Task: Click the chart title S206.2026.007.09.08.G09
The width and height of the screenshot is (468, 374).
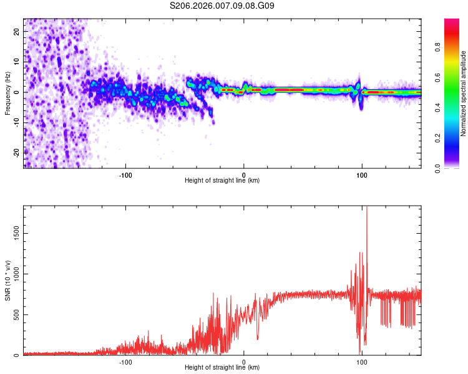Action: click(x=223, y=6)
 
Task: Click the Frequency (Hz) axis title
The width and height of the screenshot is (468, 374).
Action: click(x=7, y=93)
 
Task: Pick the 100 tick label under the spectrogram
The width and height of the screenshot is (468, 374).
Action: click(x=362, y=175)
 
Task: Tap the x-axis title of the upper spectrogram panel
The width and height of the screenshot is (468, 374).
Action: click(x=222, y=181)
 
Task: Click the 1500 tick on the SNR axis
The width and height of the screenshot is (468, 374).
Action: click(x=13, y=233)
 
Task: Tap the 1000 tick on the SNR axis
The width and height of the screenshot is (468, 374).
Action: click(x=13, y=274)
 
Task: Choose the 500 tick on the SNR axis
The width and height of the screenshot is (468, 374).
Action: click(x=15, y=315)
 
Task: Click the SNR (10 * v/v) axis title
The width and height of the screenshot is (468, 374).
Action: click(x=7, y=280)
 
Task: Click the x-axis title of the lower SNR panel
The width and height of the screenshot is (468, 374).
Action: click(x=222, y=368)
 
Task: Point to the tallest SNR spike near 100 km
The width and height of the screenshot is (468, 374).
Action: click(x=366, y=209)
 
